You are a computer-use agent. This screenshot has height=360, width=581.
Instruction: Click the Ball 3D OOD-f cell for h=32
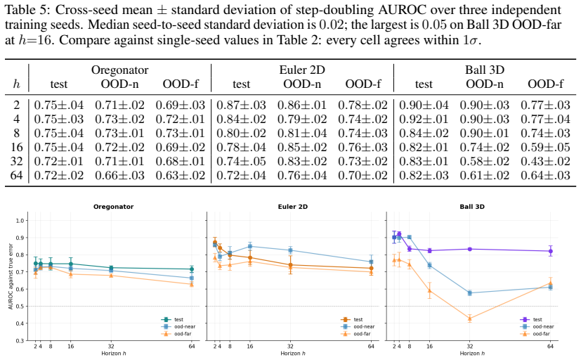coord(545,161)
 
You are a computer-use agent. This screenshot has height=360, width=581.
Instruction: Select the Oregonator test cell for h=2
coord(59,105)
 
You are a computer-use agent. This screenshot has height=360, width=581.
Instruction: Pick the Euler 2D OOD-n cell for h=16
coord(302,147)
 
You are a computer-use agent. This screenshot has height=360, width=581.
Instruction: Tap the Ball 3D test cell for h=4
coord(424,119)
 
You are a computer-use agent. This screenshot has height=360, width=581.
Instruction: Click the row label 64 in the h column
coord(16,175)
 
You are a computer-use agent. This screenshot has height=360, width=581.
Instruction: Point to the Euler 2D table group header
coord(302,70)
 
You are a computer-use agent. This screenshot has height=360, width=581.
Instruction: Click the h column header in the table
coord(17,84)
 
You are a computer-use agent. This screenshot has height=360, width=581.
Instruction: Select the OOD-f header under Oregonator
coord(181,84)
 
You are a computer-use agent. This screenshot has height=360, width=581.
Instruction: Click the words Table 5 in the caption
coord(22,10)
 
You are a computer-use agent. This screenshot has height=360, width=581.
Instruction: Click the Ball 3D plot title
coord(471,207)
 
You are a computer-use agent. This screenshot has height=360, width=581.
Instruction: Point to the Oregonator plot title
coord(113,207)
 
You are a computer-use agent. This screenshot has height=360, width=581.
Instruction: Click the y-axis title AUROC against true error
coord(11,276)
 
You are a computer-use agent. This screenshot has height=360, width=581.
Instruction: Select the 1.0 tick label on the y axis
coord(20,221)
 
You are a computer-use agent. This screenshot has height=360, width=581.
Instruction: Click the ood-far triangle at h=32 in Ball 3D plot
coord(470,318)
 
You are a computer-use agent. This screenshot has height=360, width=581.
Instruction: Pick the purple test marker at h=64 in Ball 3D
coord(551,251)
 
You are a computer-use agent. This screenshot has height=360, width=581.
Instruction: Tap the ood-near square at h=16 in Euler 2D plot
coord(250,246)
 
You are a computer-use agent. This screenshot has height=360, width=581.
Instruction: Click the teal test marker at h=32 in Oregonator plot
coord(111,268)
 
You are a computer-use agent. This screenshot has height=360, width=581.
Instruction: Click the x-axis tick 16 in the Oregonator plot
coord(71,346)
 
